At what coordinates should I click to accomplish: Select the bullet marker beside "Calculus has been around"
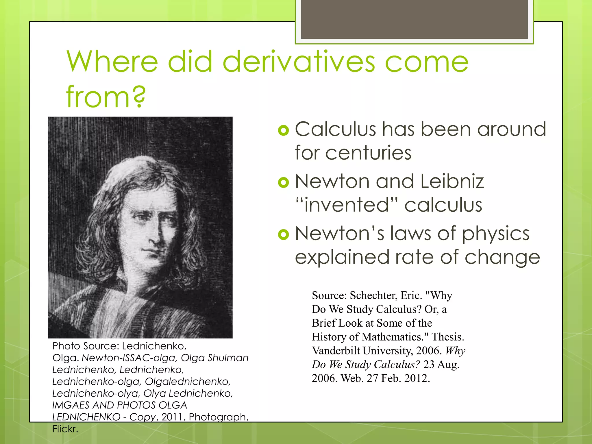283,130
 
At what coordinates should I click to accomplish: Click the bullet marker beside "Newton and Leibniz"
283,182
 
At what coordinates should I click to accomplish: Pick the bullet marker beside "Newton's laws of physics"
283,234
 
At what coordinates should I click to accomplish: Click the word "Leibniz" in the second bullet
452,182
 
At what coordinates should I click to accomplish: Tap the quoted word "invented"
347,205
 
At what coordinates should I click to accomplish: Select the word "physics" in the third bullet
496,234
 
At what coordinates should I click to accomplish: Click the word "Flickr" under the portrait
65,429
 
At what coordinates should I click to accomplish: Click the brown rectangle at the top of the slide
414,19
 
